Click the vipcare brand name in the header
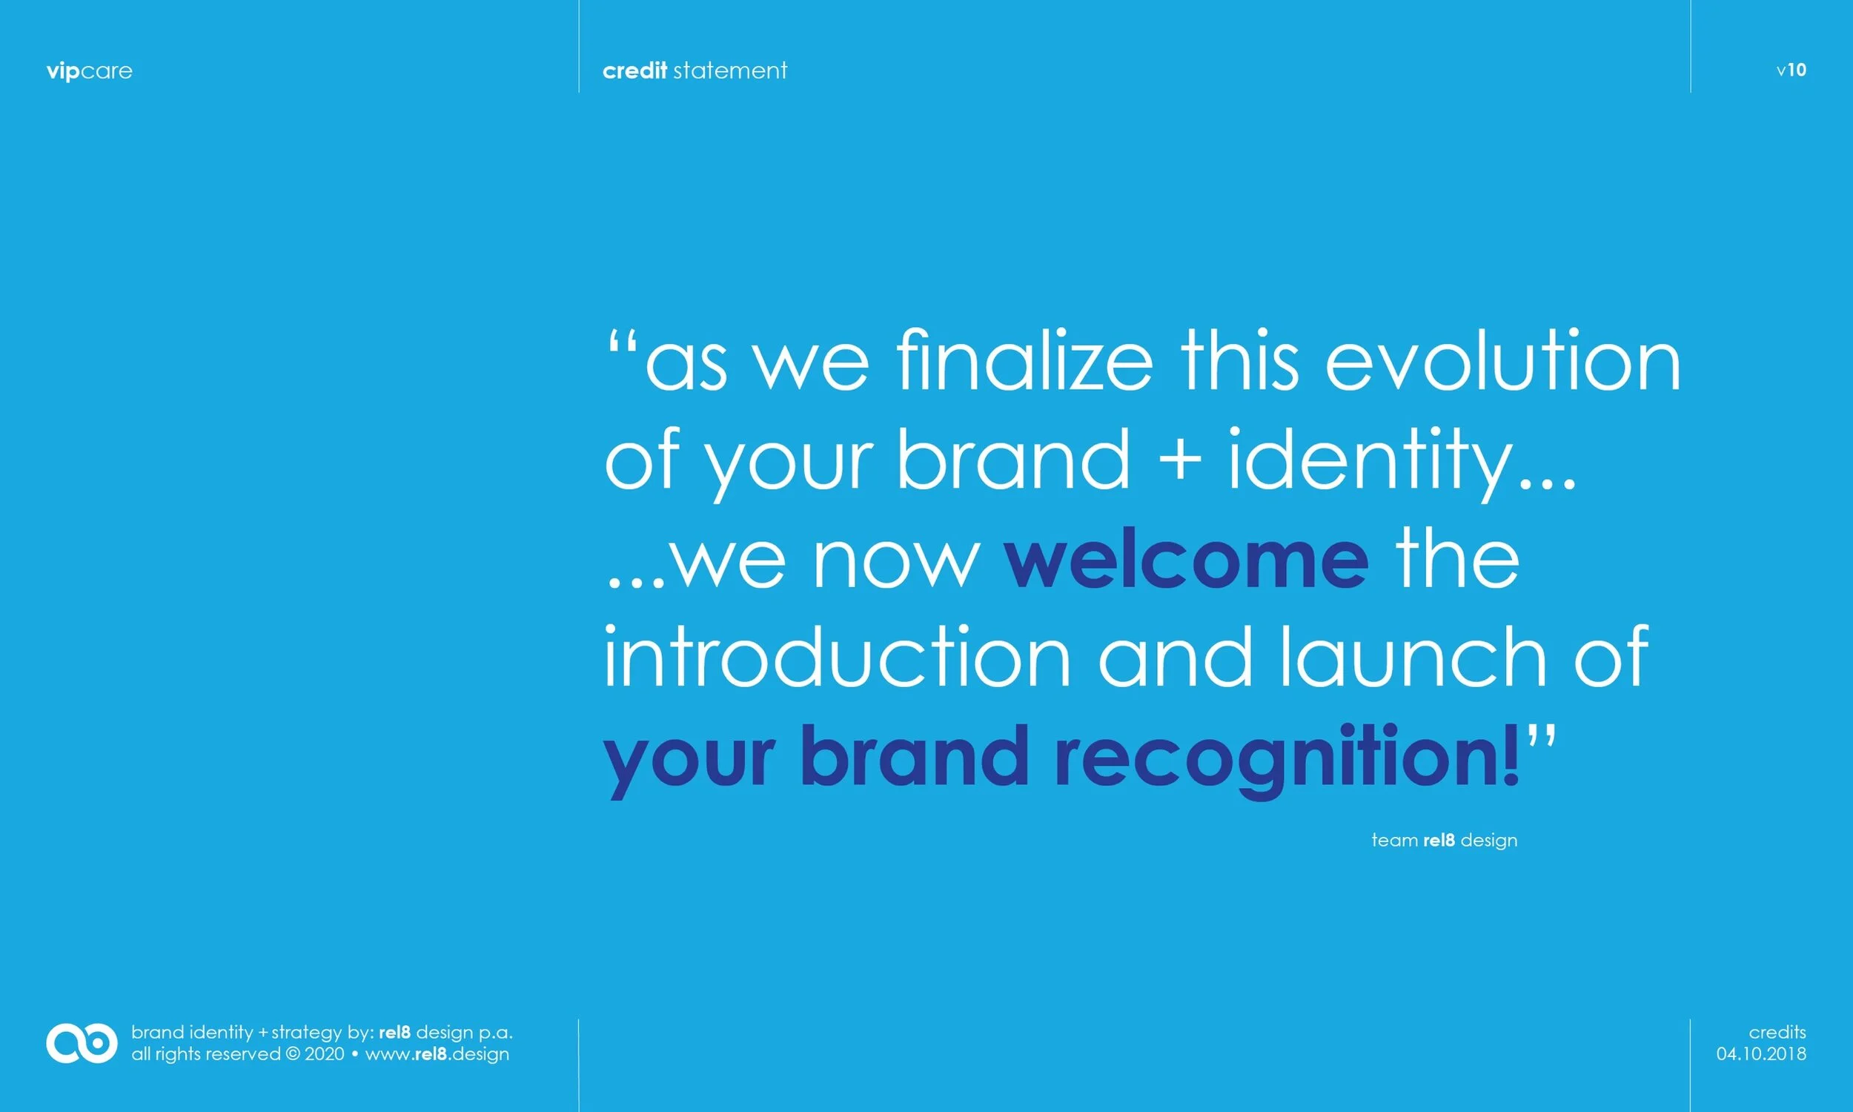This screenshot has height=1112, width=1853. [x=89, y=71]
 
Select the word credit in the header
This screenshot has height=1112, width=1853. [x=634, y=70]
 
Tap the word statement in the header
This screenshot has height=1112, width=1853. [x=730, y=70]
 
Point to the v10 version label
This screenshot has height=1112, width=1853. [x=1791, y=70]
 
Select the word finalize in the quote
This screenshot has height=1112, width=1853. [x=1024, y=359]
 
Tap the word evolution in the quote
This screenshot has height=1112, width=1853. [x=1503, y=359]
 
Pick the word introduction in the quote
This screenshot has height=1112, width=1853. [x=837, y=655]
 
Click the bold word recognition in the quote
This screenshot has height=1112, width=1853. [x=1287, y=759]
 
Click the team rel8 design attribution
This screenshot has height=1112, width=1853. [x=1444, y=840]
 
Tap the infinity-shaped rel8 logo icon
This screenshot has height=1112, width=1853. [x=82, y=1042]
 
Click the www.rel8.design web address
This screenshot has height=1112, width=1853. [x=437, y=1053]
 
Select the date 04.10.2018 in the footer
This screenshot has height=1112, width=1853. [x=1762, y=1053]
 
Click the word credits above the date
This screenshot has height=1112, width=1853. [x=1777, y=1032]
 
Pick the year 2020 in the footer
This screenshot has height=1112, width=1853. [x=325, y=1053]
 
